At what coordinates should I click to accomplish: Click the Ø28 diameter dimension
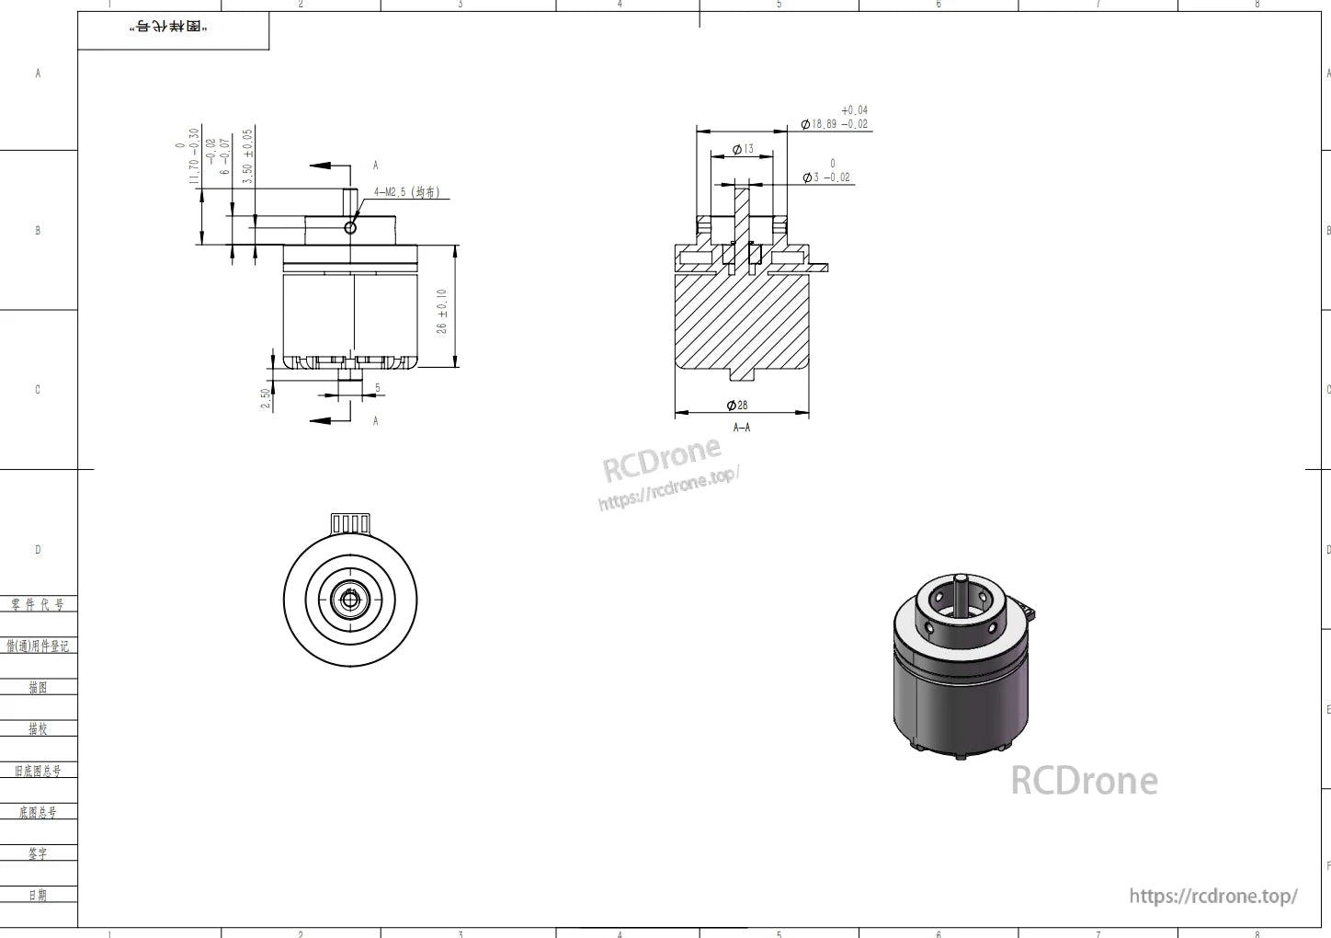737,406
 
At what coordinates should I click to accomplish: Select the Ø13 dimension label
743,149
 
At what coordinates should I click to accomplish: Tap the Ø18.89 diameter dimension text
835,123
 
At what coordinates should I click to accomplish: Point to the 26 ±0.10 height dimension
442,311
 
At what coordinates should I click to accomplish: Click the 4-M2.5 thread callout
406,193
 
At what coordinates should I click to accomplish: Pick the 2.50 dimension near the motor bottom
267,397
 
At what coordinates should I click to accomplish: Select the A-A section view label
742,428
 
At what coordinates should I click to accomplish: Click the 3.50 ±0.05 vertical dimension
247,156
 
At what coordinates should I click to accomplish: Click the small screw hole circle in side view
350,227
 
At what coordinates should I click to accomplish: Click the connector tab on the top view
350,523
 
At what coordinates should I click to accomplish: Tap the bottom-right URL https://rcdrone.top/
1212,896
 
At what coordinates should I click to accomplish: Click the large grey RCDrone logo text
1084,781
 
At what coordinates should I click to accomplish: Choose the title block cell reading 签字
38,853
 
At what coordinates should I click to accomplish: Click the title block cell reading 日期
38,895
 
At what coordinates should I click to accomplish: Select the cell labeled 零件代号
38,604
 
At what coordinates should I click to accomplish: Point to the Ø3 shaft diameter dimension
826,177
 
